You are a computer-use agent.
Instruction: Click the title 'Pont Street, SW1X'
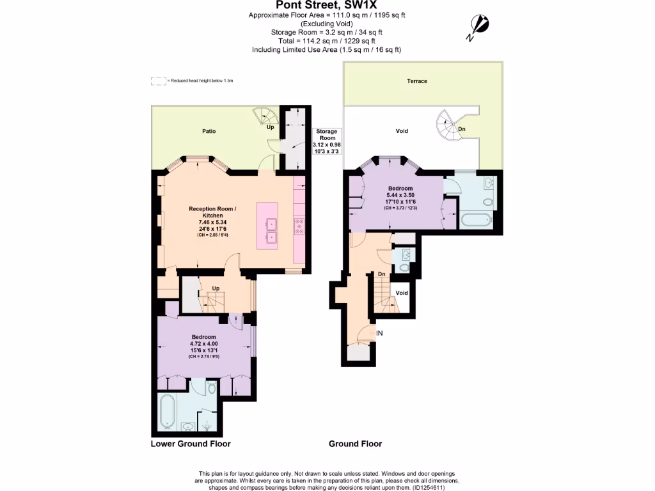(x=327, y=5)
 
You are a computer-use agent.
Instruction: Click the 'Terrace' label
(x=417, y=81)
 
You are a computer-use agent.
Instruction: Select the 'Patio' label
(x=209, y=131)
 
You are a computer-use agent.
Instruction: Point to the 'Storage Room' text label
(x=327, y=134)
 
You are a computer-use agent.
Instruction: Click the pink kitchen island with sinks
(x=267, y=225)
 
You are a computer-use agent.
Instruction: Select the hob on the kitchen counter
(x=299, y=225)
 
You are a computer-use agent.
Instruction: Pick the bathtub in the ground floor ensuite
(x=476, y=221)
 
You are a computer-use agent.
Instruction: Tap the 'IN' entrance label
(x=379, y=333)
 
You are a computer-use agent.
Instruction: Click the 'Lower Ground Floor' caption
(x=191, y=444)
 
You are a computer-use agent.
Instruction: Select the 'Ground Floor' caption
(x=355, y=444)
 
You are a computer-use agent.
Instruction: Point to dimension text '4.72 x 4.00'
(x=204, y=344)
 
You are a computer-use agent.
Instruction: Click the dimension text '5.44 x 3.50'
(x=401, y=194)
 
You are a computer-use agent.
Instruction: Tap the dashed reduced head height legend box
(x=157, y=81)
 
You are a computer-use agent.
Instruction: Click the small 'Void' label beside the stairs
(x=402, y=293)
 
